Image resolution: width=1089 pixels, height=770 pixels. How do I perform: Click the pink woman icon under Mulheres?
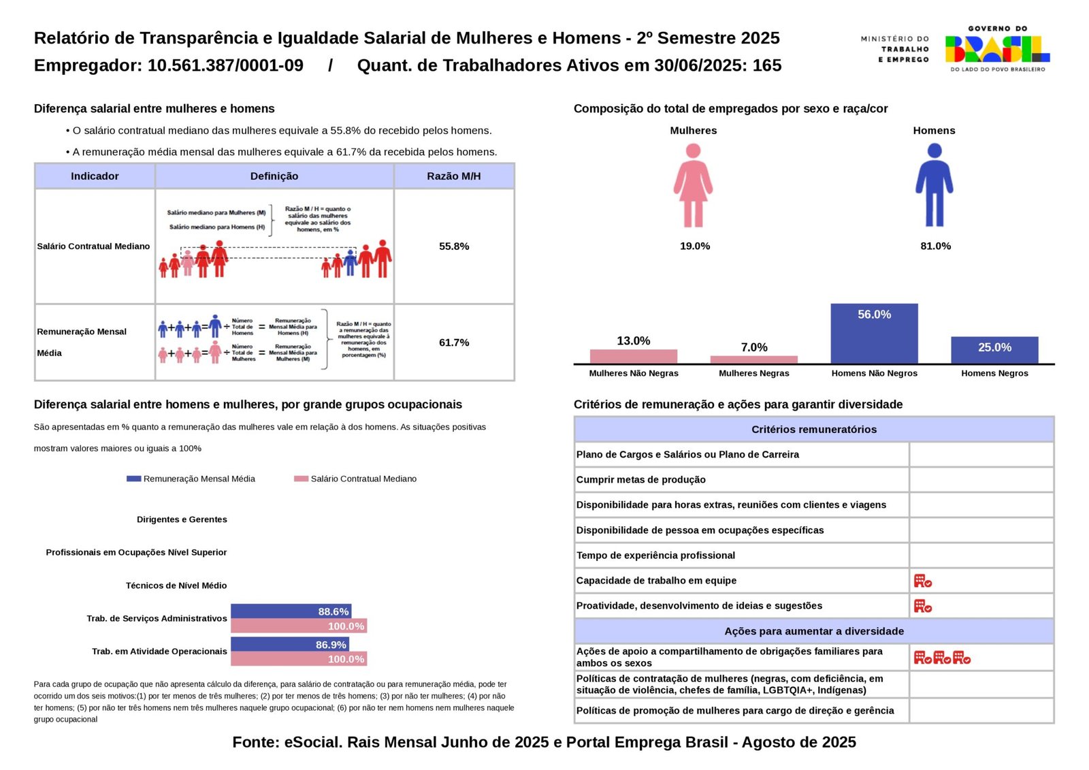[693, 185]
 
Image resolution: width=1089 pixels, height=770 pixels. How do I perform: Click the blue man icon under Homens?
[934, 185]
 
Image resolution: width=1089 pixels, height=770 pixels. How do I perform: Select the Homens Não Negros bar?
[874, 334]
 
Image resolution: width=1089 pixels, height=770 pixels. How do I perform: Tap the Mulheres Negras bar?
[753, 359]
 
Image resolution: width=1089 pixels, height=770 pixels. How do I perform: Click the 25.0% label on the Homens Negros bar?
[994, 347]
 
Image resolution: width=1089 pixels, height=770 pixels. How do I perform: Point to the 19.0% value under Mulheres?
[694, 246]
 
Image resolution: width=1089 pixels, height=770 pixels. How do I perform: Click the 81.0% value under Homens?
[935, 246]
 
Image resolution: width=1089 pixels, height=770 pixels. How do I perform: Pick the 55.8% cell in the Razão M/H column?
[454, 246]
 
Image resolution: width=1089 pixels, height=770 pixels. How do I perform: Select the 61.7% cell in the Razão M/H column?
[454, 342]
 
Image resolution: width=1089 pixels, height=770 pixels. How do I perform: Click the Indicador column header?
[95, 176]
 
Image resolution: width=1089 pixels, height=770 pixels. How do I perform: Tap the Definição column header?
[274, 176]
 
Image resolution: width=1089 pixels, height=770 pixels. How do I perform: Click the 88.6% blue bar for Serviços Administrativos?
[291, 611]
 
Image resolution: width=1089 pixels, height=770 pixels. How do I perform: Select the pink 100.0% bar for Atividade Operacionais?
[298, 659]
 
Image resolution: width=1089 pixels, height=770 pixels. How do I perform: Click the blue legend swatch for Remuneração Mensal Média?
[133, 479]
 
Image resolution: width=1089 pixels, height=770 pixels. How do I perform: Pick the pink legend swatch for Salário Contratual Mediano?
[301, 479]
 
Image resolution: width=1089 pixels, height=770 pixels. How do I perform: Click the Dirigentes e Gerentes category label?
[182, 519]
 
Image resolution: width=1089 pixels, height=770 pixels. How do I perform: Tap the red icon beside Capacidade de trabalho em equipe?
[922, 581]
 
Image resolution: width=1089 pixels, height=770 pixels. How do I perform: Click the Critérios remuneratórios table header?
[813, 430]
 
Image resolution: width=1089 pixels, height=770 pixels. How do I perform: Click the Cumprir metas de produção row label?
[640, 480]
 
